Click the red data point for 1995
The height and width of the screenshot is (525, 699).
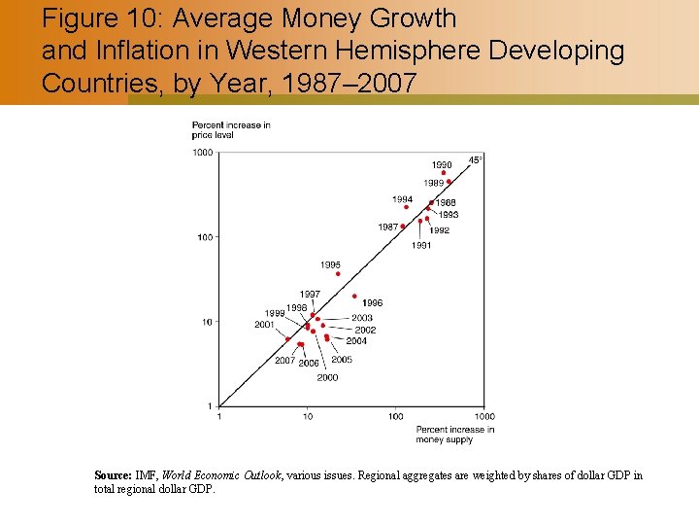tap(338, 274)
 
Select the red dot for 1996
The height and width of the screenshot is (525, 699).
tap(355, 296)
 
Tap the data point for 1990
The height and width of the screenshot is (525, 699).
tap(444, 173)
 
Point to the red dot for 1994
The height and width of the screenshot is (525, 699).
tap(406, 207)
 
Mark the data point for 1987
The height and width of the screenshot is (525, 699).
tap(403, 227)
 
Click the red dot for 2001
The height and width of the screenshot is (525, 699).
tap(287, 339)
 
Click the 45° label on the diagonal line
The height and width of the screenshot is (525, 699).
tap(476, 159)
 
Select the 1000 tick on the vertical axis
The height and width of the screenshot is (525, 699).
tap(202, 153)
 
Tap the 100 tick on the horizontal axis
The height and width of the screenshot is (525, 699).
tap(396, 417)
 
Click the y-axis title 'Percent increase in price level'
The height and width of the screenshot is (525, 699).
tap(231, 130)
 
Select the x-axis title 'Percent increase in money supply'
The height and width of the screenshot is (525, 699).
tap(454, 435)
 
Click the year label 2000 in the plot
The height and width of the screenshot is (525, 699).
tap(327, 377)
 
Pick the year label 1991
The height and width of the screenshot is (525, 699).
tap(420, 246)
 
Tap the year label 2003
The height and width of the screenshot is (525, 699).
tap(361, 318)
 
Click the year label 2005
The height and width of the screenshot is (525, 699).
tap(342, 360)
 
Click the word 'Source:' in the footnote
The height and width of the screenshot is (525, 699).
tap(113, 475)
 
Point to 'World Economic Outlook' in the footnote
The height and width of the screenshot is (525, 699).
tap(221, 475)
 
